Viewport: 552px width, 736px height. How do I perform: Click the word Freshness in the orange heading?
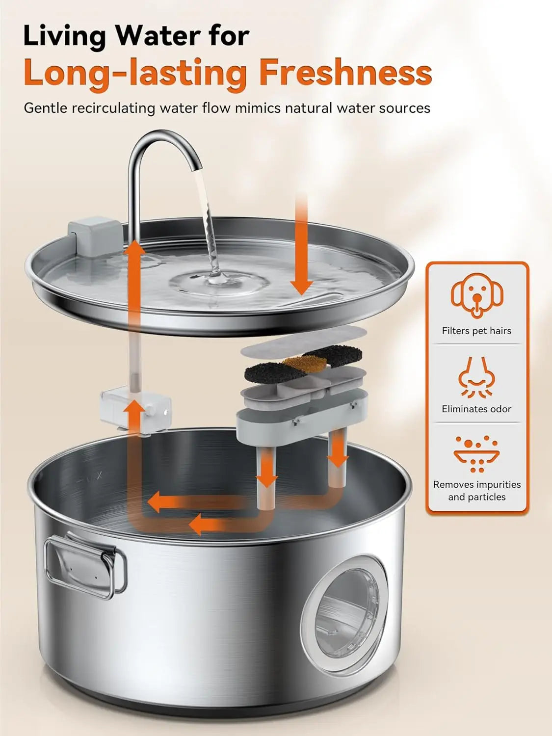(345, 72)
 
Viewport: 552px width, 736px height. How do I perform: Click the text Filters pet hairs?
(476, 331)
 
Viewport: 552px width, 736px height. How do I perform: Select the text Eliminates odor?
(476, 409)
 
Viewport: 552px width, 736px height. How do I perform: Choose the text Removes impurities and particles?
(477, 491)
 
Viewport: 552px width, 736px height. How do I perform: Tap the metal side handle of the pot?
(86, 567)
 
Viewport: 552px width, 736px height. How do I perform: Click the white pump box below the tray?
(136, 411)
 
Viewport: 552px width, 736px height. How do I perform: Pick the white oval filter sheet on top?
(304, 342)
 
